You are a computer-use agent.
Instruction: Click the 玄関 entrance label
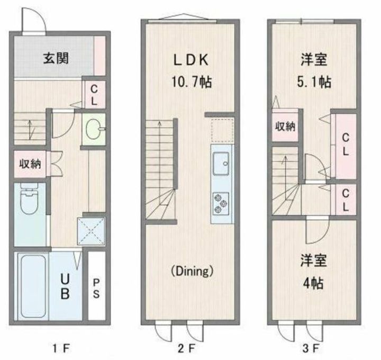[56, 58]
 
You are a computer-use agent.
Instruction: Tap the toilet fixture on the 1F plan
[30, 199]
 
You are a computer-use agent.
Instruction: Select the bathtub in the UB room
[33, 286]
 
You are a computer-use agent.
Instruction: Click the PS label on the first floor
[96, 289]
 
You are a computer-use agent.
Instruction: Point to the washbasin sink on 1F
[94, 129]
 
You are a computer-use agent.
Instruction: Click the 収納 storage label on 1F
[30, 164]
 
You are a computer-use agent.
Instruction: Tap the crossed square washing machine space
[91, 231]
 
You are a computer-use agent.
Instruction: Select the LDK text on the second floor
[190, 60]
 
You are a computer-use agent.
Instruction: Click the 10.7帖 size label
[192, 82]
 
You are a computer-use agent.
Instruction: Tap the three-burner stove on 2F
[221, 203]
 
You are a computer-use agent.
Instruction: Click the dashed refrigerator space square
[222, 130]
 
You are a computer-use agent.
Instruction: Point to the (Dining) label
[192, 271]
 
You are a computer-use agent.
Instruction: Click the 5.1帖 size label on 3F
[314, 82]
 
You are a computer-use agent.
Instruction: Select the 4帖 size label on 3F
[313, 283]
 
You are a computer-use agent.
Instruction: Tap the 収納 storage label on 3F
[285, 127]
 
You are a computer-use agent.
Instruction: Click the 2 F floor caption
[187, 349]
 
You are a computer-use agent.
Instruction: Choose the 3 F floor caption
[311, 349]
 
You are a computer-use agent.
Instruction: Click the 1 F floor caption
[61, 349]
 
